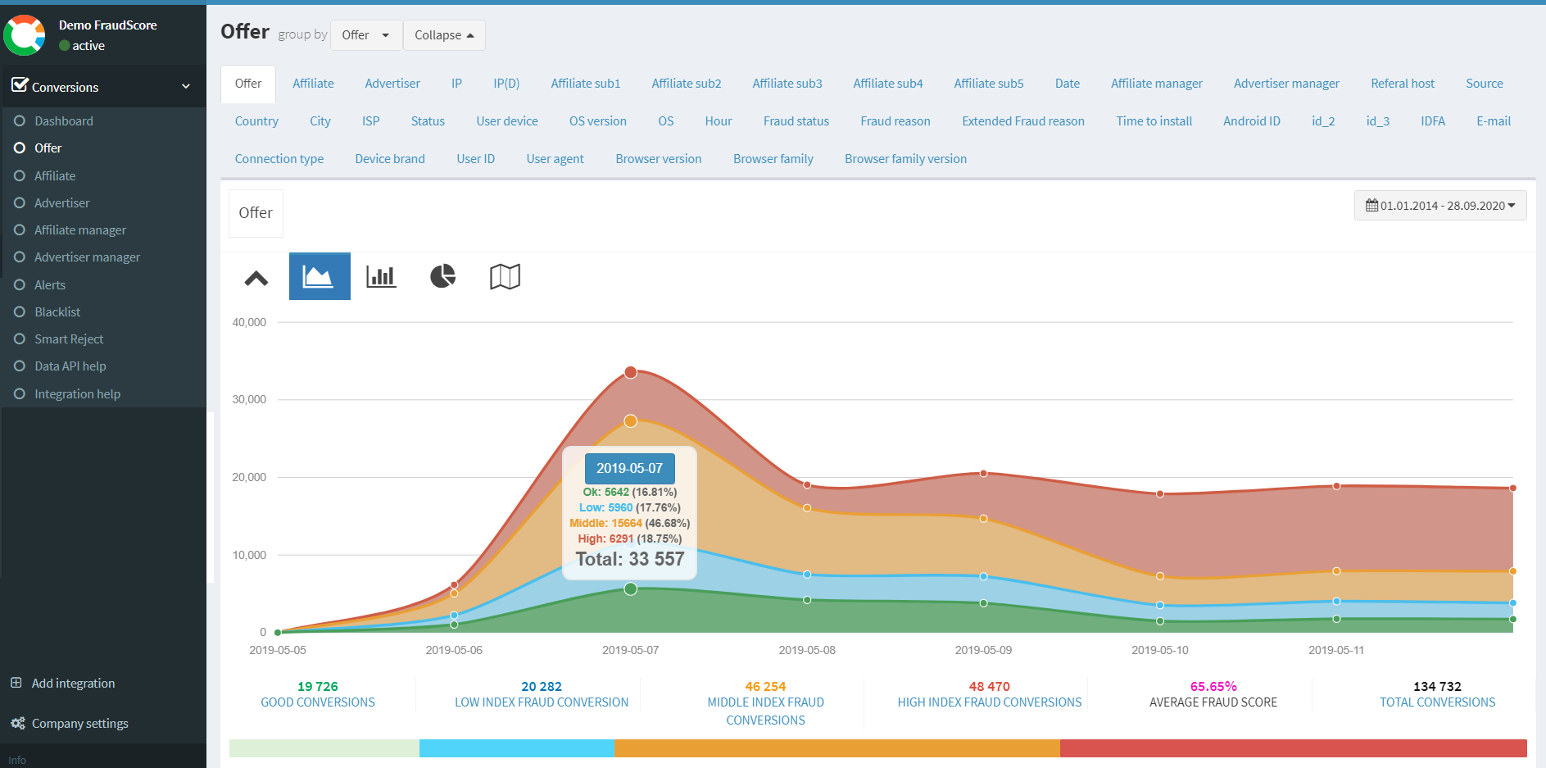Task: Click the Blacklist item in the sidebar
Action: (x=57, y=312)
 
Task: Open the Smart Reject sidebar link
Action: (x=69, y=339)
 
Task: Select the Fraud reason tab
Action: (x=895, y=121)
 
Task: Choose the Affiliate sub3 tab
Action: (x=787, y=84)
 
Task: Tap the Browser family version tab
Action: (x=905, y=159)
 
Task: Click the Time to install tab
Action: (x=1154, y=121)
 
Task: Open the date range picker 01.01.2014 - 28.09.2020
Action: (x=1439, y=206)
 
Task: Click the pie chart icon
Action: (x=442, y=276)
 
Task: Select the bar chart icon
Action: (x=381, y=276)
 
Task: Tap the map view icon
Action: (x=505, y=276)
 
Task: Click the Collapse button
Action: (x=444, y=35)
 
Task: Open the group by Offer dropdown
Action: (x=365, y=35)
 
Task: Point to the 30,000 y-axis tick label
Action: (x=249, y=400)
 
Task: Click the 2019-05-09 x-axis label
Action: (x=983, y=650)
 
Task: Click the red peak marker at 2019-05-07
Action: (x=631, y=372)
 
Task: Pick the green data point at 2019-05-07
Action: (x=631, y=589)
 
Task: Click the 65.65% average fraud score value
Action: (x=1213, y=687)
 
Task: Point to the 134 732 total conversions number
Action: (x=1437, y=687)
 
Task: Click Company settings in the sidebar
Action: (x=79, y=724)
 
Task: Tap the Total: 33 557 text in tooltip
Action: (x=630, y=559)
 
